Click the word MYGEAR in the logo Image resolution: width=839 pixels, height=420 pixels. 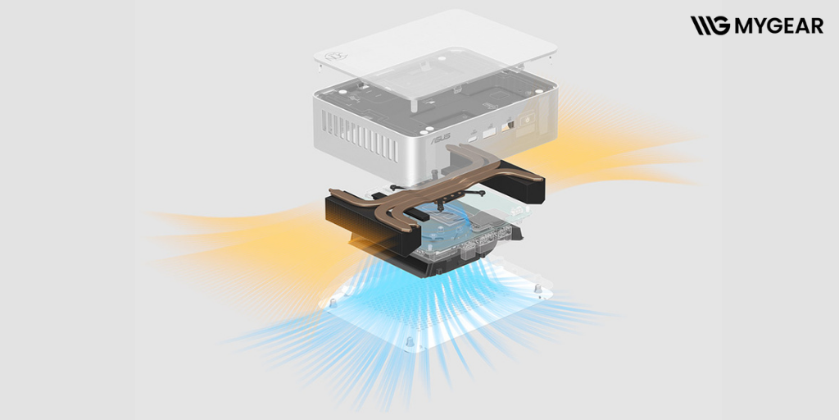(x=779, y=25)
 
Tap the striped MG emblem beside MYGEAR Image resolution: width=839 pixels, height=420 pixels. (x=710, y=25)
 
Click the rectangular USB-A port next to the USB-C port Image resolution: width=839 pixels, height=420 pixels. (x=489, y=132)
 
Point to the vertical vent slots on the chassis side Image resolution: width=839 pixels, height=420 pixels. (x=361, y=135)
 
